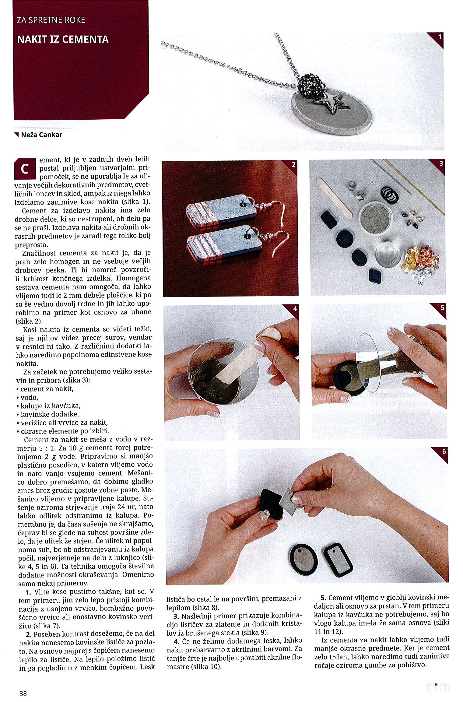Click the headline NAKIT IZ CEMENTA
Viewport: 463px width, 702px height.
point(63,39)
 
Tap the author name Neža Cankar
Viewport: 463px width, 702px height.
point(41,135)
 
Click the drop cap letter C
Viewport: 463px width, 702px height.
point(25,169)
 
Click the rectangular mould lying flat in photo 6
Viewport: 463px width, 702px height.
point(338,559)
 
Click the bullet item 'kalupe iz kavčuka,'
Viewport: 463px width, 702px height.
point(51,406)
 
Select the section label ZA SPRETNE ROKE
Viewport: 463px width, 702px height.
point(51,20)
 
